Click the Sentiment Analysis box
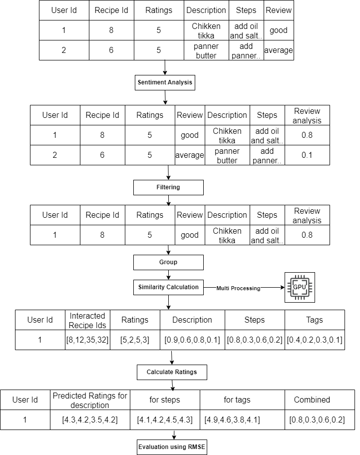click(x=165, y=82)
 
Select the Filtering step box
click(x=168, y=187)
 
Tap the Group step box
click(x=168, y=262)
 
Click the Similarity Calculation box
click(x=168, y=287)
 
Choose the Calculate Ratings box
click(x=172, y=372)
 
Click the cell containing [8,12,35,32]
click(x=87, y=340)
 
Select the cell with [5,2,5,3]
click(x=135, y=340)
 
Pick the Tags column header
click(x=315, y=320)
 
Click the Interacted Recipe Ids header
click(x=87, y=320)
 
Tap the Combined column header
click(x=312, y=400)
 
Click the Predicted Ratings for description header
click(x=90, y=400)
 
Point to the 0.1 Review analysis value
click(x=307, y=155)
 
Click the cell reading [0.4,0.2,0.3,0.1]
click(x=315, y=340)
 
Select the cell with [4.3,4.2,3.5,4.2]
click(x=90, y=420)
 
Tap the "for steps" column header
click(x=165, y=400)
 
